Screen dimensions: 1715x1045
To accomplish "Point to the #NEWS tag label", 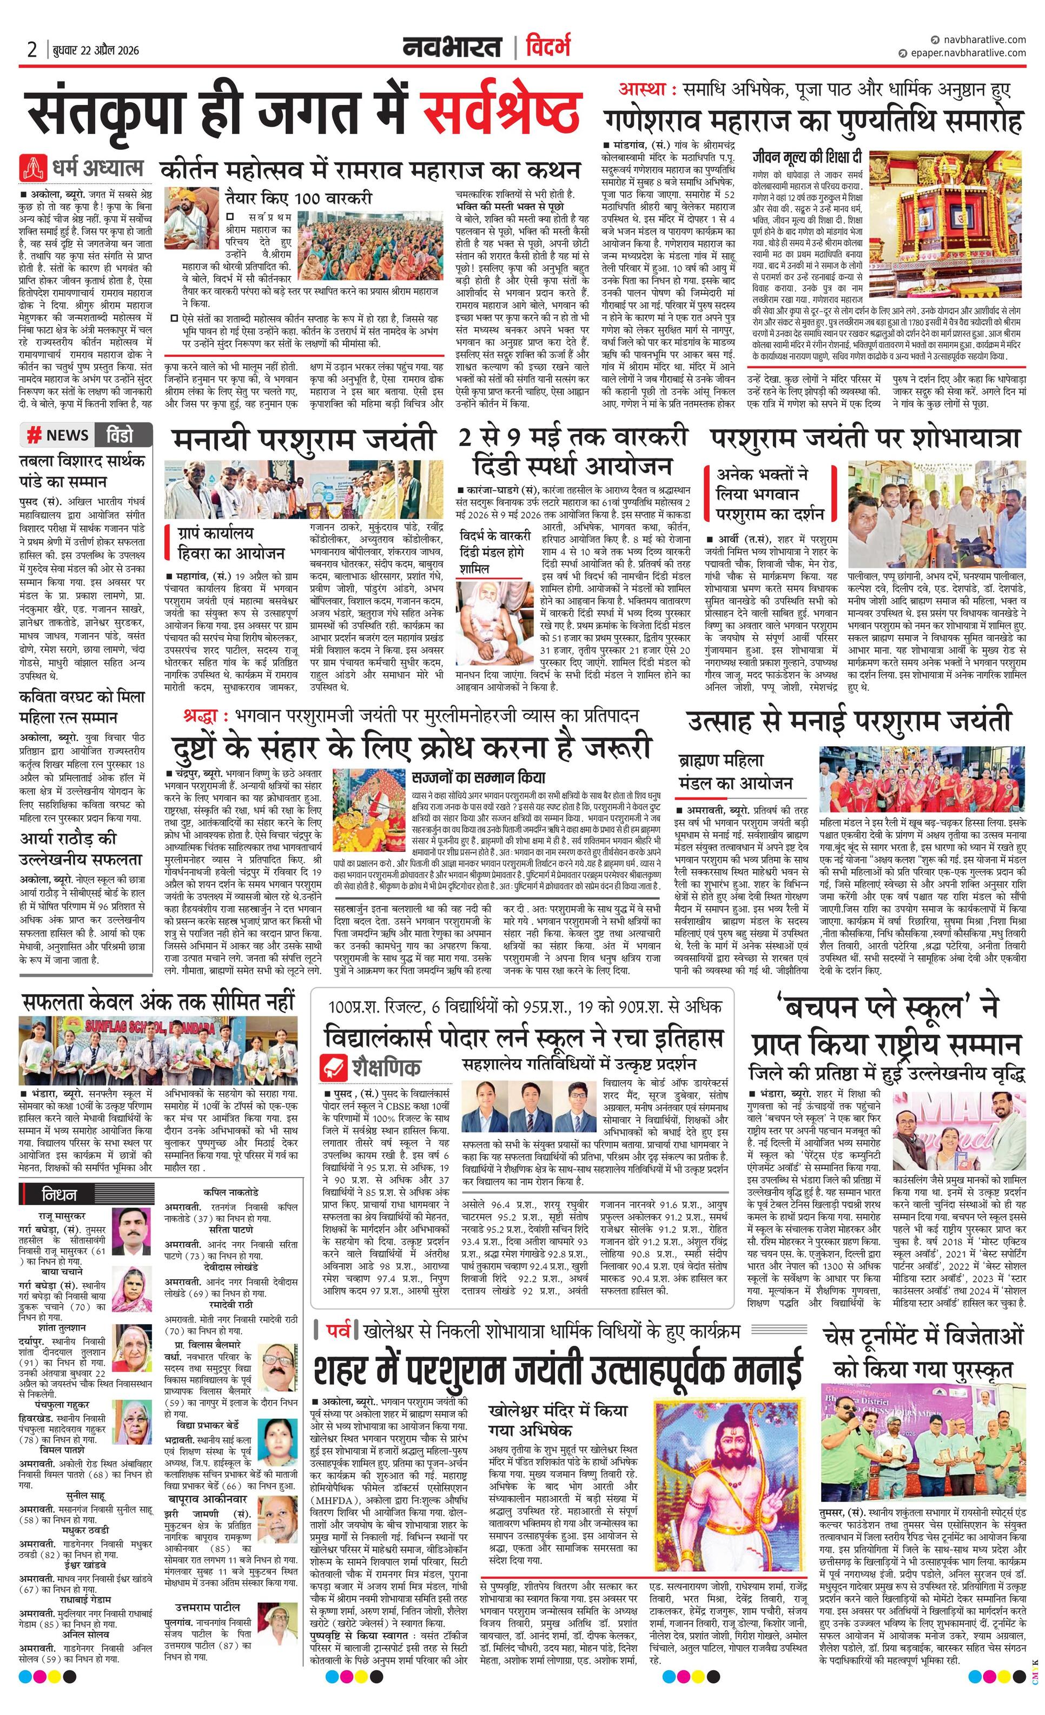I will pyautogui.click(x=58, y=435).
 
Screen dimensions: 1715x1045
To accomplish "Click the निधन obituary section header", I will pyautogui.click(x=60, y=1194).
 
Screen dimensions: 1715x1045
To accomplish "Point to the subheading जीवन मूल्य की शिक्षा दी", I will pyautogui.click(x=808, y=157).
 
